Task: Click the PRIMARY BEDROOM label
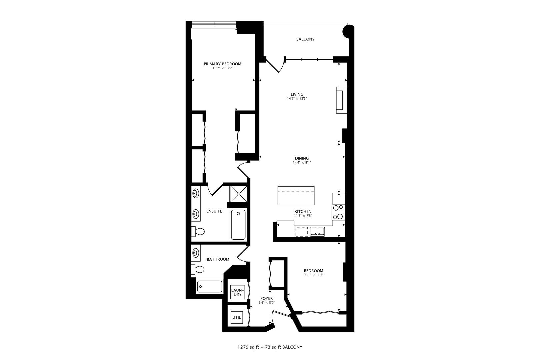click(x=222, y=64)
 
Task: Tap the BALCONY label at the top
click(x=305, y=39)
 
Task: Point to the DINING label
click(x=301, y=158)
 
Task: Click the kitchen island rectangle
click(x=296, y=196)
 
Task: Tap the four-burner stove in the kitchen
click(x=338, y=212)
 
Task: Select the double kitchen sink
click(x=317, y=231)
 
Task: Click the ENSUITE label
click(x=214, y=211)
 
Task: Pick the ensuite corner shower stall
click(x=238, y=193)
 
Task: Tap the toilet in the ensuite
click(x=199, y=231)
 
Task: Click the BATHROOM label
click(x=218, y=259)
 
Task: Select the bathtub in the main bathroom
click(x=209, y=286)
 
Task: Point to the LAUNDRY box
click(x=237, y=292)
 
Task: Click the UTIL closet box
click(x=237, y=318)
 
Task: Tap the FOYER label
click(x=266, y=298)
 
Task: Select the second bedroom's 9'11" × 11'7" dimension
click(x=313, y=275)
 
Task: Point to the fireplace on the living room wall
click(x=340, y=99)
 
